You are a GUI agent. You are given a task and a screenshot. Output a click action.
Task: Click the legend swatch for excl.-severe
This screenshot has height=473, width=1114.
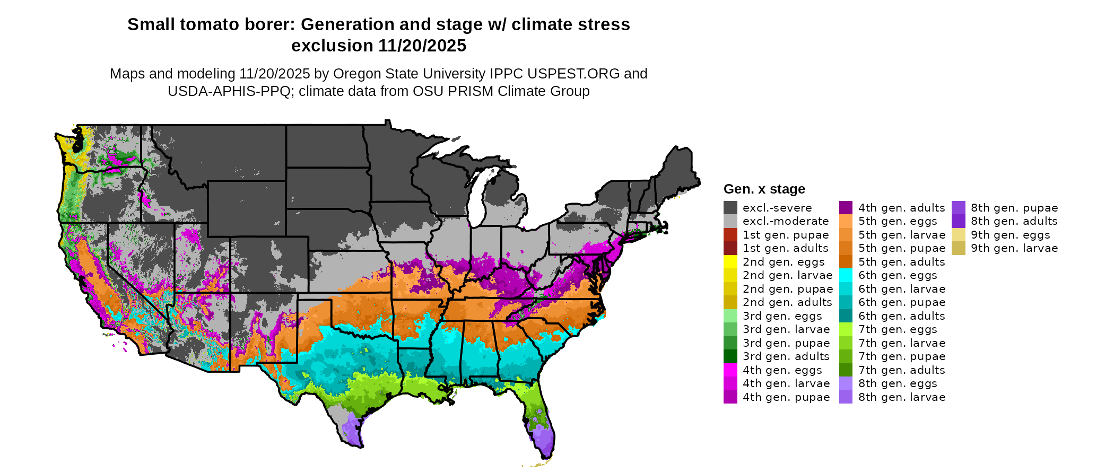[730, 208]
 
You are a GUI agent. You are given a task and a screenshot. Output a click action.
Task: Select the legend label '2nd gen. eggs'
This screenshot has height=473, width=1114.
[784, 262]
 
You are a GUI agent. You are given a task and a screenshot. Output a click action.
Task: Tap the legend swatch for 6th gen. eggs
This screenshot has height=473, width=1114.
[846, 275]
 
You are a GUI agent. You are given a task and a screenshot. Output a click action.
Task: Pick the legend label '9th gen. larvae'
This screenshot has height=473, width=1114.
[1014, 248]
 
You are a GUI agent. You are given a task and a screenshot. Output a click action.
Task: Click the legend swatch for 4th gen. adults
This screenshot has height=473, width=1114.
[846, 208]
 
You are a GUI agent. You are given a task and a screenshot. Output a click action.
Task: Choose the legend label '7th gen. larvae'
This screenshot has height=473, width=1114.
[902, 343]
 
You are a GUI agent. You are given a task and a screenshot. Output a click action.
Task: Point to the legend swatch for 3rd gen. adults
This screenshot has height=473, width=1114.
[730, 356]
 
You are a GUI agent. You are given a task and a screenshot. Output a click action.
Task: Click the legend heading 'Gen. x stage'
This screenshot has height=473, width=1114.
[764, 189]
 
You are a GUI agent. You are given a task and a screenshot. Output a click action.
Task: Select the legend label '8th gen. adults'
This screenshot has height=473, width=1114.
[1014, 221]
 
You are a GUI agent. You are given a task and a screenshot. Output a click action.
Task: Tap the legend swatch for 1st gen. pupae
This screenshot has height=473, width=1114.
[730, 235]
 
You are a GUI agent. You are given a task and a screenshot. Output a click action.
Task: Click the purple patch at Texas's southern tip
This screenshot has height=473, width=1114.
[352, 431]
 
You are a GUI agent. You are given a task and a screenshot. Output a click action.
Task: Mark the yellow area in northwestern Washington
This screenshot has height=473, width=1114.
[67, 143]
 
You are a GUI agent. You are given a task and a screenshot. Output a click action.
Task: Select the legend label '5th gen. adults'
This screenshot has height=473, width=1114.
[902, 262]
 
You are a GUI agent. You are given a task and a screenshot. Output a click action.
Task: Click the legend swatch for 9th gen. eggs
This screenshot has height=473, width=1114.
[958, 235]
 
